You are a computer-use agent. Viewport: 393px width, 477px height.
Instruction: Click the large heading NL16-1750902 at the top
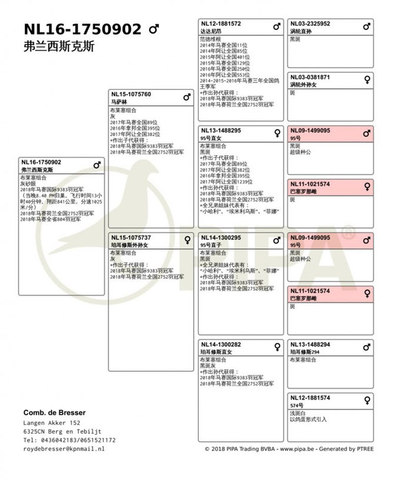82,29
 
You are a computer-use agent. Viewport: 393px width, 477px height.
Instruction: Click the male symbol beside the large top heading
154,29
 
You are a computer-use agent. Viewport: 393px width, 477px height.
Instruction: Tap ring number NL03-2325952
310,24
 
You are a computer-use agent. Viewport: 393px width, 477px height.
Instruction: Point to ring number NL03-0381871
310,77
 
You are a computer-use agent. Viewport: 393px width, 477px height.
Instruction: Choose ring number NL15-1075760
131,94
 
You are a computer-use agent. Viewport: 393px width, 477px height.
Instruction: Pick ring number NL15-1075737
131,237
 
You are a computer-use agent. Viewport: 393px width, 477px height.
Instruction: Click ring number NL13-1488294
310,344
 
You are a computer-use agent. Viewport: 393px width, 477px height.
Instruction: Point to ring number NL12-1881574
310,398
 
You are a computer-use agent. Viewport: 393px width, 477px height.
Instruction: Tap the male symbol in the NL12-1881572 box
277,26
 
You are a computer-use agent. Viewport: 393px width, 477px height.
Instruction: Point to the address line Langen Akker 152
52,423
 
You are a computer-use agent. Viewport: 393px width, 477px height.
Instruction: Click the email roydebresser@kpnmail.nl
64,448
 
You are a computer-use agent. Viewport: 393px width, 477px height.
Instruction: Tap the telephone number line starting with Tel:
69,440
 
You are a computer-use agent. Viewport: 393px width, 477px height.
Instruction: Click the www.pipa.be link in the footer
293,449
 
